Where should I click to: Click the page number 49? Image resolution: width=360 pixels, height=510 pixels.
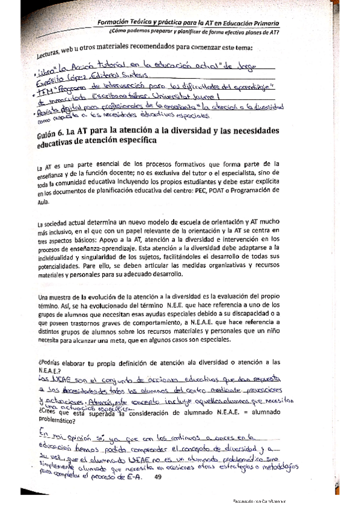tap(159, 478)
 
